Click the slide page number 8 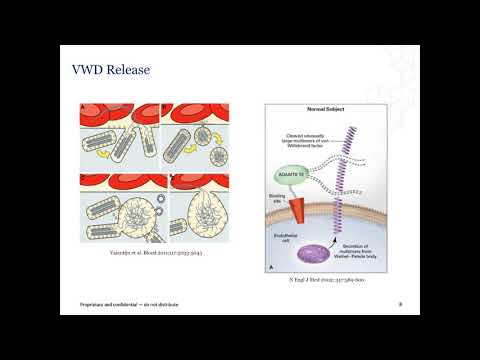[x=400, y=304]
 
